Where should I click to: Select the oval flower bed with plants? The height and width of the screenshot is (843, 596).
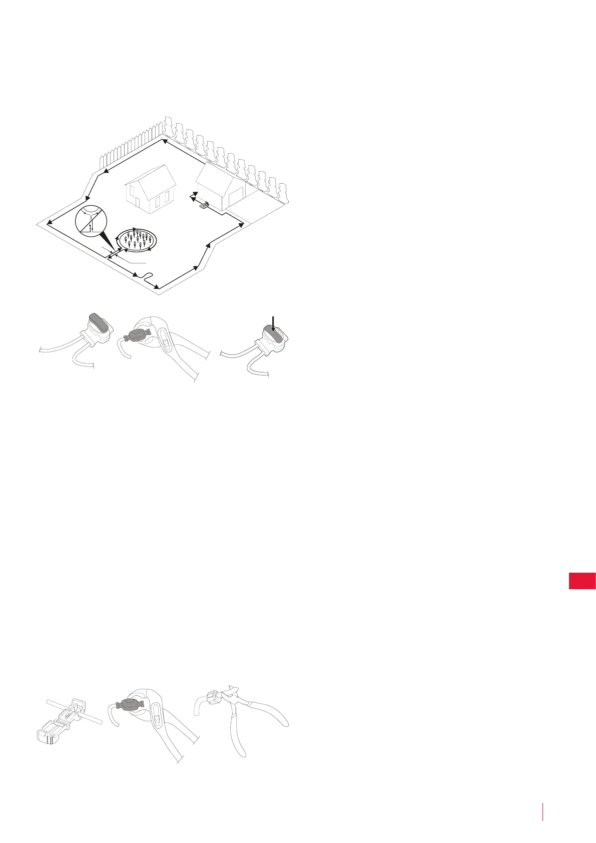coord(137,241)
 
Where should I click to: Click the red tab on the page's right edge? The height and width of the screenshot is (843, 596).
coord(582,581)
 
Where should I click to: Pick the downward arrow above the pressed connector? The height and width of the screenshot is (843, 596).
coord(273,324)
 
